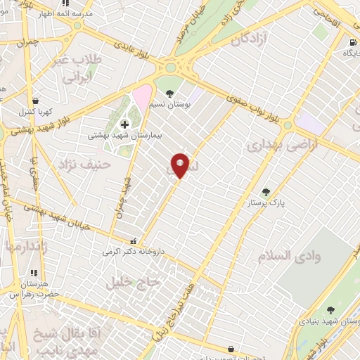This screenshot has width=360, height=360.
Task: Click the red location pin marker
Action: pos(181,165)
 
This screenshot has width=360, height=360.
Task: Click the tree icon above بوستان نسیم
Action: pos(169,93)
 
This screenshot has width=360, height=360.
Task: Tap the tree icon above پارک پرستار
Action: pos(266,191)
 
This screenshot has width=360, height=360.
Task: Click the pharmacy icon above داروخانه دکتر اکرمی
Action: pos(131,242)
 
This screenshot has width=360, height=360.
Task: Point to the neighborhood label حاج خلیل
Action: pos(134,283)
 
